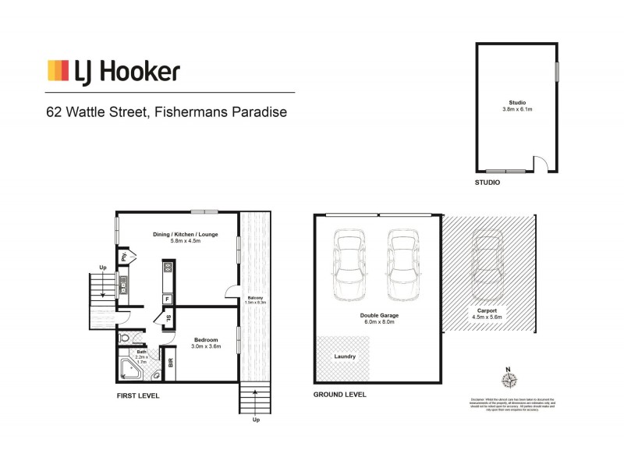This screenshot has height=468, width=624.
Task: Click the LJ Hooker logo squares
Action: coord(58,71)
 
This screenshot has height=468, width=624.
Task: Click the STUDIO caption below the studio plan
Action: coord(487,183)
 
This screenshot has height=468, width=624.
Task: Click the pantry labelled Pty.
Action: coord(124,255)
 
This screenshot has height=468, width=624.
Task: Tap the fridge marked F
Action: coord(167,299)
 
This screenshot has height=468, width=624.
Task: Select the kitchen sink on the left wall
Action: coord(123,285)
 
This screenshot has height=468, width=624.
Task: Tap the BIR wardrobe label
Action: coord(171,363)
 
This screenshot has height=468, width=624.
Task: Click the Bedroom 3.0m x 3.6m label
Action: coord(207,343)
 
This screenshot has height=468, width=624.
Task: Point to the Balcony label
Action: coord(254,300)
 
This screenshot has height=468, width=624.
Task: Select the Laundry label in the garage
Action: coord(344,356)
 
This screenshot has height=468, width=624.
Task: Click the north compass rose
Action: coord(510,380)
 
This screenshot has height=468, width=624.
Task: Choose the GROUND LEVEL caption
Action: coord(339,395)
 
